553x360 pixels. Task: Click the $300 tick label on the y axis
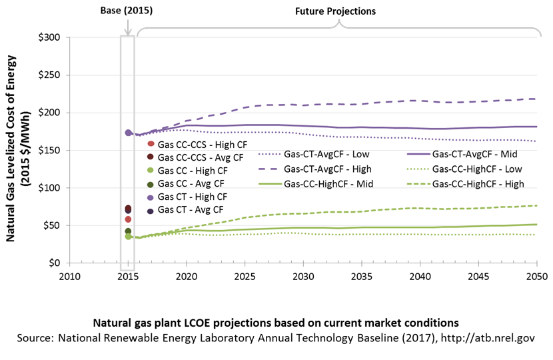point(49,37)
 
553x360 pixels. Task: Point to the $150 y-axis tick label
point(49,151)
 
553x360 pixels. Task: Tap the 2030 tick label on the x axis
point(303,277)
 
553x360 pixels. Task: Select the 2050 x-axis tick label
point(537,277)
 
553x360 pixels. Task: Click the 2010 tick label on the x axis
point(70,277)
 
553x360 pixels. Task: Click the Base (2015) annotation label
point(127,11)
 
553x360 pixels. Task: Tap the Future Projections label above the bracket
point(335,11)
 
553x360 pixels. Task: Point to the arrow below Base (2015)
point(128,27)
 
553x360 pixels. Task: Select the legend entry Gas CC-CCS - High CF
point(197,145)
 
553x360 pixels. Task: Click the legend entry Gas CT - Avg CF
point(185,209)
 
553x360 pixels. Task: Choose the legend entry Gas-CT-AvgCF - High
point(315,169)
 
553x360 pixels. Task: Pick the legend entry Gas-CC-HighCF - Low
point(464,169)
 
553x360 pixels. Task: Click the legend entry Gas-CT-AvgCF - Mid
point(462,154)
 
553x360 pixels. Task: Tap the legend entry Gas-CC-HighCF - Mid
point(316,184)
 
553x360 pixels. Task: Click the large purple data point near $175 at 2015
point(129,133)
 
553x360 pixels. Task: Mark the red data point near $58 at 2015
point(128,219)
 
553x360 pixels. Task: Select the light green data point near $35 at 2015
point(129,236)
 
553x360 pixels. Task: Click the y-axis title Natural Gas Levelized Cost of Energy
point(11,148)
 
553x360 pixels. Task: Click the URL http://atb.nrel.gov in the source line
point(488,338)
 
